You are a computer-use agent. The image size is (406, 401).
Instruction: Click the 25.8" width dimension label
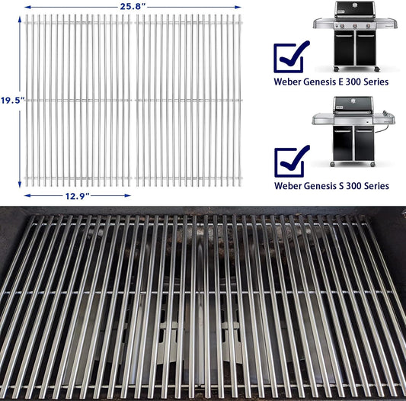coord(133,7)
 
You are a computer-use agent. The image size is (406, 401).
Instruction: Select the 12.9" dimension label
coord(78,196)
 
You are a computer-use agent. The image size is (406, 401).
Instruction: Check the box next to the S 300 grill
coord(290,162)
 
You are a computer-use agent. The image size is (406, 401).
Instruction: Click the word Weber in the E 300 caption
coord(287,82)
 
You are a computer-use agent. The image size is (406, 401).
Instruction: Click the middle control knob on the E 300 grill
coord(355,25)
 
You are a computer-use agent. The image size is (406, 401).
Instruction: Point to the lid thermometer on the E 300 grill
coord(355,5)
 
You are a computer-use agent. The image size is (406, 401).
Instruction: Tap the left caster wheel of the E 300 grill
coord(337,69)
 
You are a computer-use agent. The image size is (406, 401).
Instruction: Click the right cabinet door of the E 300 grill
coord(366,48)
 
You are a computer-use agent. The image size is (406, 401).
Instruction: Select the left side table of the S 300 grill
coord(323,119)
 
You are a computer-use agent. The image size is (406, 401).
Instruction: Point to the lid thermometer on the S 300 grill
coord(353,101)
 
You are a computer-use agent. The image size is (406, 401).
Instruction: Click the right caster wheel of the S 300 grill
coord(372,165)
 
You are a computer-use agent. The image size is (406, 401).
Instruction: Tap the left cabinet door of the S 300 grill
coord(343,144)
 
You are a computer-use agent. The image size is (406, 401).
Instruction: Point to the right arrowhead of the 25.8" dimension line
coord(238,8)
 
